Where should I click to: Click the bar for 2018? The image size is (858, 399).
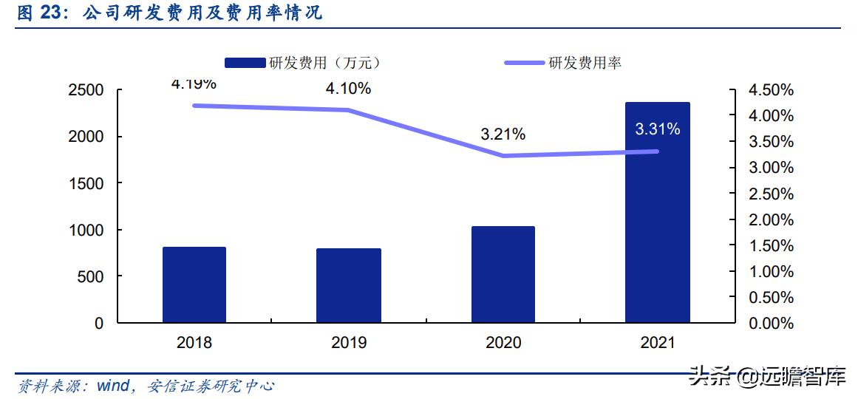(194, 284)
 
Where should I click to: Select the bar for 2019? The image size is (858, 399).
(348, 285)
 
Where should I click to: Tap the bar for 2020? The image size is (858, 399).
(503, 274)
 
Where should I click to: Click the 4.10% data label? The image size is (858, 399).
(348, 89)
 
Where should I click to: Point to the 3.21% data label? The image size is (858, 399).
(503, 134)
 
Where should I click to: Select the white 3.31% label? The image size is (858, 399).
(657, 129)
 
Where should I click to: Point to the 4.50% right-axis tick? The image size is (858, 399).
(771, 90)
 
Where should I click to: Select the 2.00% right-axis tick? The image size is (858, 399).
(771, 220)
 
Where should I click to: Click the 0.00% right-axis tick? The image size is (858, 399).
(771, 324)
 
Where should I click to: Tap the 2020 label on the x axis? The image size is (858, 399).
(503, 343)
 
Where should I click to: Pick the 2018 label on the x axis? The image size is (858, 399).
(194, 343)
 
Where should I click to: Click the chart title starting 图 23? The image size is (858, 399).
(169, 13)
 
